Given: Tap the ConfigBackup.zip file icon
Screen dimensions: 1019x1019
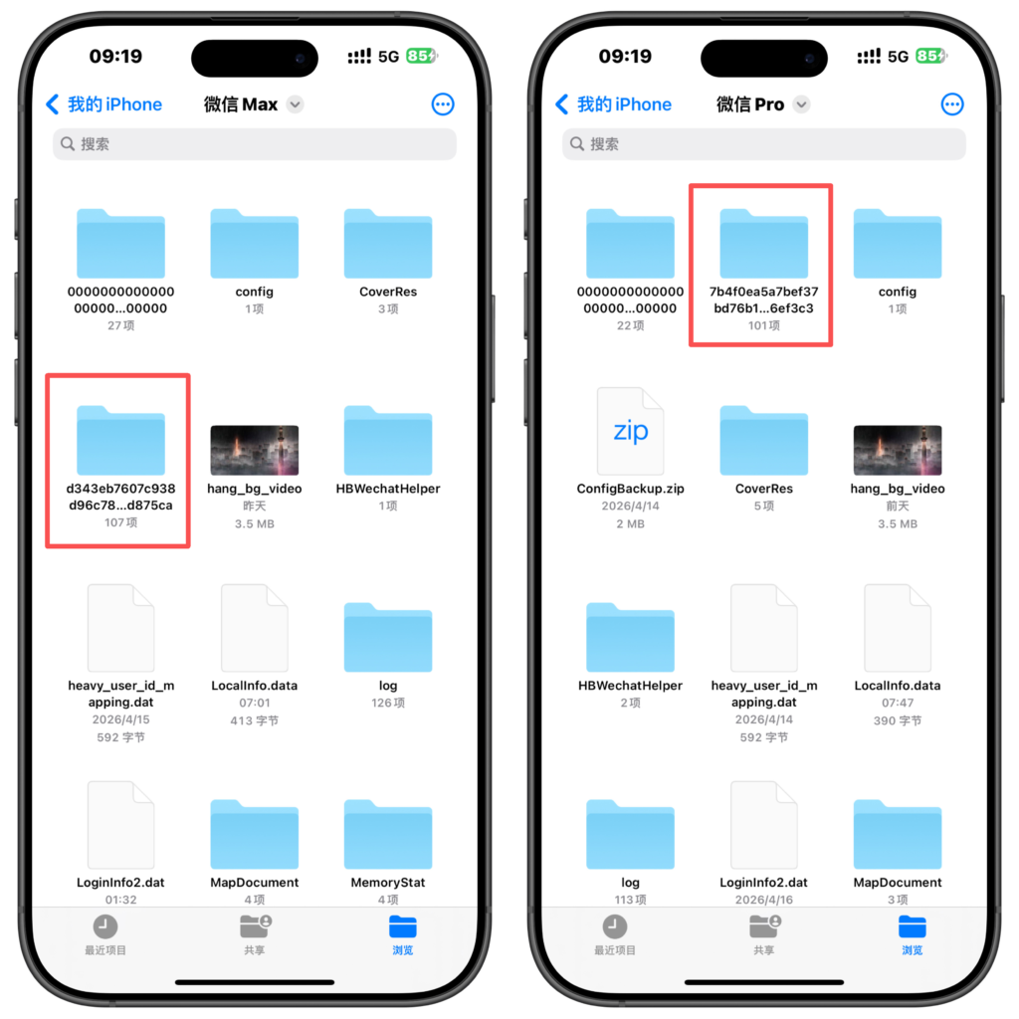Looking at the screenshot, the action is click(x=630, y=431).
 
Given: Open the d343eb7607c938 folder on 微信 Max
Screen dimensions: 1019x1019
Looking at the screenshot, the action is click(x=120, y=441).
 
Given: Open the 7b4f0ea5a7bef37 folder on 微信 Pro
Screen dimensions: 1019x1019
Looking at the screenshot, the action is click(x=763, y=244).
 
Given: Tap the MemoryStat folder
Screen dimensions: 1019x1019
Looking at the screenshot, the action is click(x=388, y=835).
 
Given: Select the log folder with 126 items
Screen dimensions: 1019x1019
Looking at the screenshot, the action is click(x=388, y=638).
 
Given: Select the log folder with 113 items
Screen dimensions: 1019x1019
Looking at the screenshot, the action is click(x=630, y=835).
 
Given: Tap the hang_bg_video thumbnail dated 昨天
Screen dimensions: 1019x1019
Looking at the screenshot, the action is click(x=254, y=451).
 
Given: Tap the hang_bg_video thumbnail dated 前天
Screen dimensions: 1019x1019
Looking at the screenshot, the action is click(x=898, y=451).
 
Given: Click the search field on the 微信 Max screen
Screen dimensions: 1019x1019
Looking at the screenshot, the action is click(x=254, y=143).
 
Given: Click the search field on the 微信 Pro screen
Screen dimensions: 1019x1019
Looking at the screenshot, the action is click(x=763, y=143).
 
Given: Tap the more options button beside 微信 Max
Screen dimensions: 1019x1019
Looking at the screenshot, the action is click(x=443, y=103).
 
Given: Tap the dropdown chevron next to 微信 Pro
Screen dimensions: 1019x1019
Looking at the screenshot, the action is click(x=802, y=103).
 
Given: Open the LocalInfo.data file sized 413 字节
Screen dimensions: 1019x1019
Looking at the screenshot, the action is click(x=254, y=628).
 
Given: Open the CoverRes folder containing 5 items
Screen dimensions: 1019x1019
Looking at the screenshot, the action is click(x=763, y=441).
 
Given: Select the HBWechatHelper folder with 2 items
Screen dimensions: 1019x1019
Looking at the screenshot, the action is click(x=630, y=638).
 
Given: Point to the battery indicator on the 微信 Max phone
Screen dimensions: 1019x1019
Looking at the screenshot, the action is click(x=421, y=56).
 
